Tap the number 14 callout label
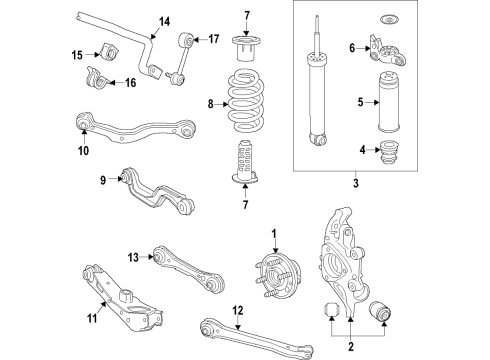(164, 21)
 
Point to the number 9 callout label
(102, 181)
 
